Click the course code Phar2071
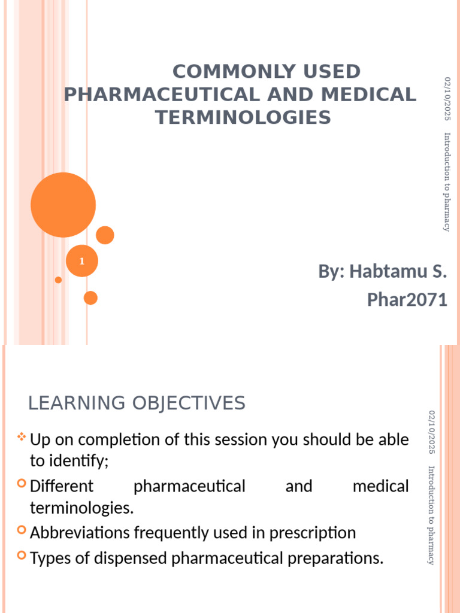pos(407,299)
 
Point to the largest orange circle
pos(63,205)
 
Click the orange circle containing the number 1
pos(81,261)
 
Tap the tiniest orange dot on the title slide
pos(58,280)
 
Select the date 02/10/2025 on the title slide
pos(446,100)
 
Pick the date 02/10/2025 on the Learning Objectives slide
pos(432,432)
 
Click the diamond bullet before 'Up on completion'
pos(22,438)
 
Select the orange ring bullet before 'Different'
pos(22,484)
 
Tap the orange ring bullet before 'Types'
pos(22,557)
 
